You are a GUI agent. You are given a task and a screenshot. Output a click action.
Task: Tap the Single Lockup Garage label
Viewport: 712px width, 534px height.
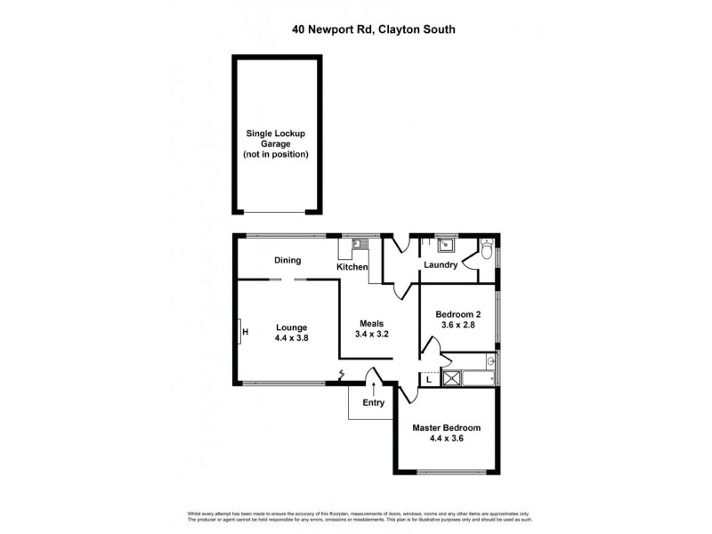click(277, 143)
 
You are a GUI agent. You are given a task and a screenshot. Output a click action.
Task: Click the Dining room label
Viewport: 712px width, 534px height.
click(287, 261)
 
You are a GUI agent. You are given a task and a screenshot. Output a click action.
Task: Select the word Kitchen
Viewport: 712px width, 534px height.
click(352, 267)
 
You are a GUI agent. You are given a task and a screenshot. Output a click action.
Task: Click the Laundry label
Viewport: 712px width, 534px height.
click(441, 265)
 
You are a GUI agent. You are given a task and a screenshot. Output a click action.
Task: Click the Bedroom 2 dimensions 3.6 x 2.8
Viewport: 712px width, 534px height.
click(457, 326)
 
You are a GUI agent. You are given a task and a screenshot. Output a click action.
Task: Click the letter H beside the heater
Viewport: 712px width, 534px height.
click(246, 333)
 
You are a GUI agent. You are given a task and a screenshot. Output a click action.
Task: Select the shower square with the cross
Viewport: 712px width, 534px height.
click(452, 379)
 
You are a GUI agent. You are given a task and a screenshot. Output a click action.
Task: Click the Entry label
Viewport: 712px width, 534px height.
click(374, 402)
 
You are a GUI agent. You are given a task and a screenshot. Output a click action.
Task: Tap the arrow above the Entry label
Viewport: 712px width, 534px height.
click(373, 384)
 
